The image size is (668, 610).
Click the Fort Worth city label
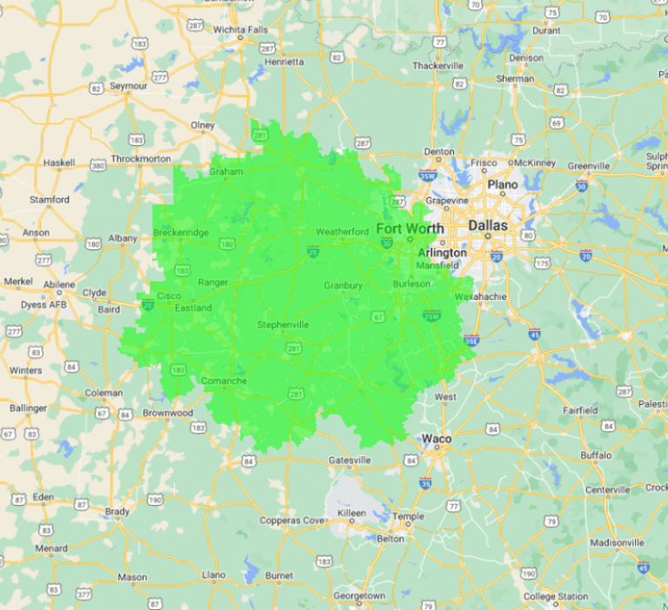click(410, 229)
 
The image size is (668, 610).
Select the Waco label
click(437, 439)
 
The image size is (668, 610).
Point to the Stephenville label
click(283, 325)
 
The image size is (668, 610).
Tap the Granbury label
click(343, 285)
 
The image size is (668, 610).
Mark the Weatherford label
click(342, 231)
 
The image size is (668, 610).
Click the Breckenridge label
click(181, 232)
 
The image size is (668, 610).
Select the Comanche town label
click(224, 381)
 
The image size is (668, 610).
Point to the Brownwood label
click(168, 413)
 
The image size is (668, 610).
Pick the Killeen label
click(351, 514)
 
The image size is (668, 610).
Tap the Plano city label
click(502, 185)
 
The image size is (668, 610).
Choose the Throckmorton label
click(142, 159)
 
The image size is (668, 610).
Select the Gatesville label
click(350, 460)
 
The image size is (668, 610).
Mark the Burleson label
click(411, 283)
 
